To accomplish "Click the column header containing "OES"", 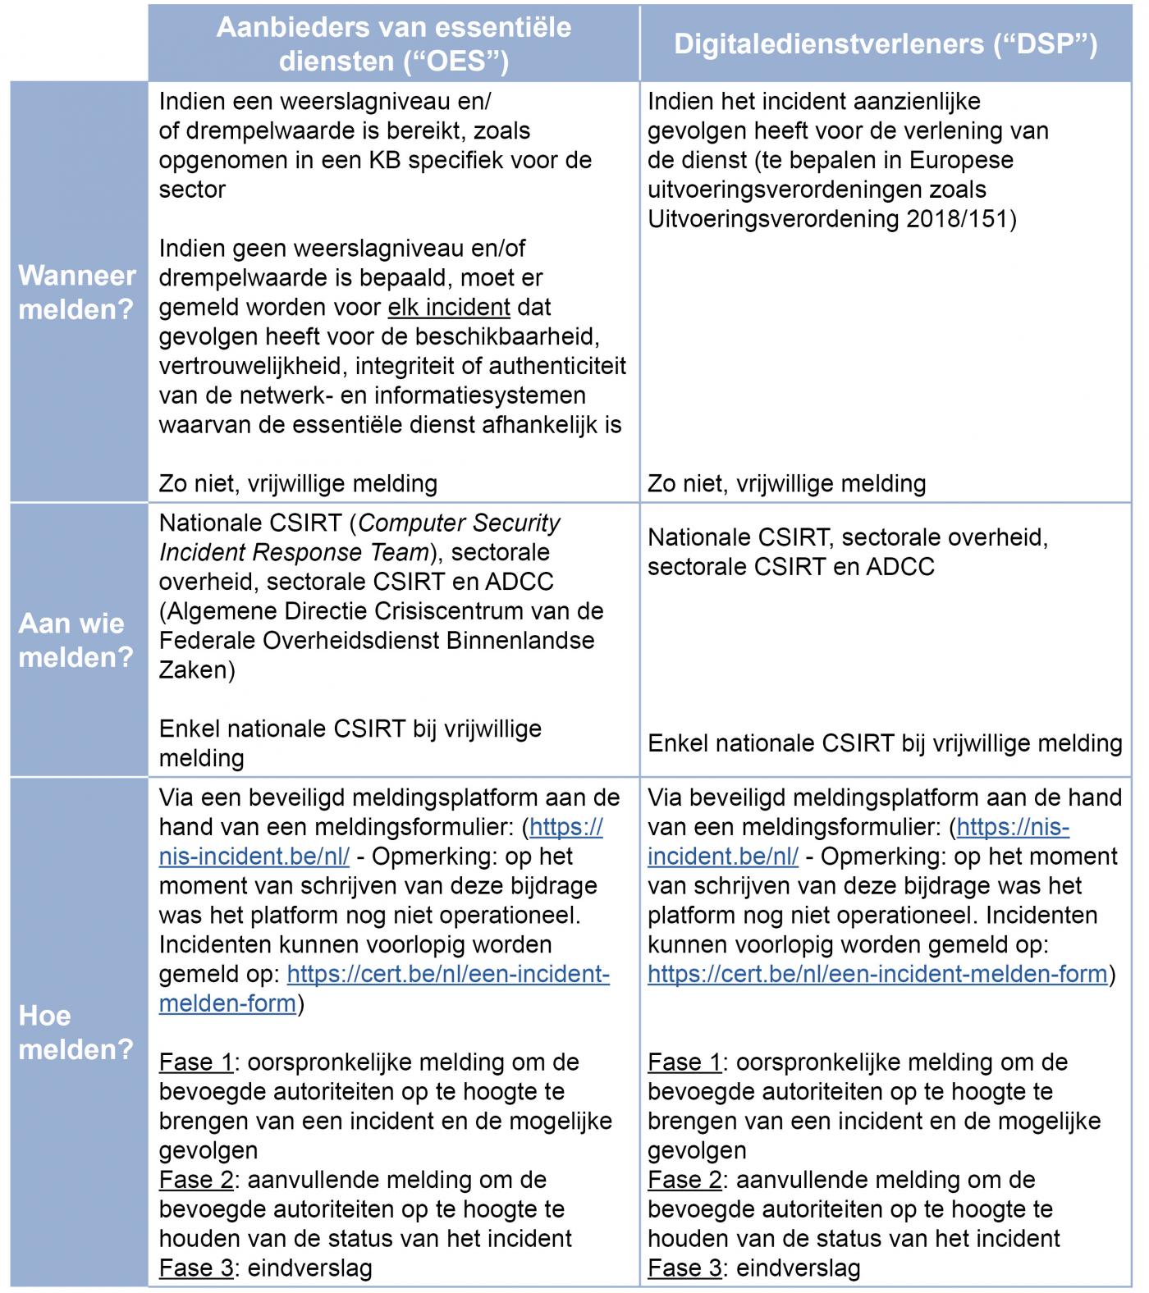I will tap(393, 44).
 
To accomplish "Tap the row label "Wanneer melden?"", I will tap(76, 292).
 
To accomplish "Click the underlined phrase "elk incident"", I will tap(449, 308).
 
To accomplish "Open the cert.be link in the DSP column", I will tap(877, 974).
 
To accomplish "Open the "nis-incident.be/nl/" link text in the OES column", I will tap(254, 857).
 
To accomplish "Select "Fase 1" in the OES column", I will tap(196, 1062).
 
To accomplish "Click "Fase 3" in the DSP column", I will tap(684, 1268).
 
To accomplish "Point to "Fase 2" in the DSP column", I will tap(684, 1180).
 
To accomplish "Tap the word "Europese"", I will tap(964, 160).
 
